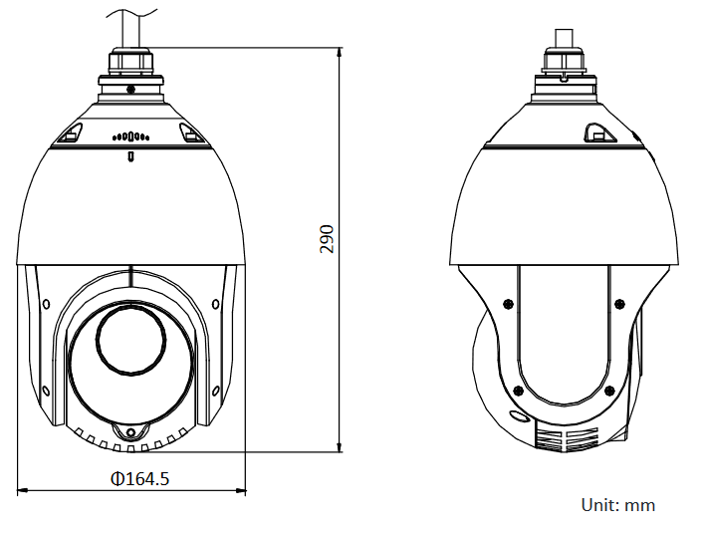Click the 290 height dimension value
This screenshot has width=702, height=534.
click(327, 238)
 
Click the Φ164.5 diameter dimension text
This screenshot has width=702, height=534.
click(139, 479)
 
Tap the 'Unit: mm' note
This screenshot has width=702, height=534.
click(617, 505)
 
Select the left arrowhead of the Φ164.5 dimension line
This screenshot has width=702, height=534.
click(22, 490)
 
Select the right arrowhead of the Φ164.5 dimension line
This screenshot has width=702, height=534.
click(241, 490)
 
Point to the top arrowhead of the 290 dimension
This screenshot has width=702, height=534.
click(340, 51)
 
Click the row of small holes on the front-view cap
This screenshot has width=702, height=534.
click(130, 136)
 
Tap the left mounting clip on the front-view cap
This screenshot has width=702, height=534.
click(72, 132)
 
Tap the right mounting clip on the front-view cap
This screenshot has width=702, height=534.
click(189, 132)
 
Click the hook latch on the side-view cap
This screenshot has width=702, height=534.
click(595, 132)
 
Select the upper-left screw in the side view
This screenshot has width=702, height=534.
click(507, 303)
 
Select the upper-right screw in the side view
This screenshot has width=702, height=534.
click(619, 303)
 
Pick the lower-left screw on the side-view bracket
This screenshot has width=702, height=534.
click(518, 391)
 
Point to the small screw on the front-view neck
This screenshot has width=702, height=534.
click(130, 89)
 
